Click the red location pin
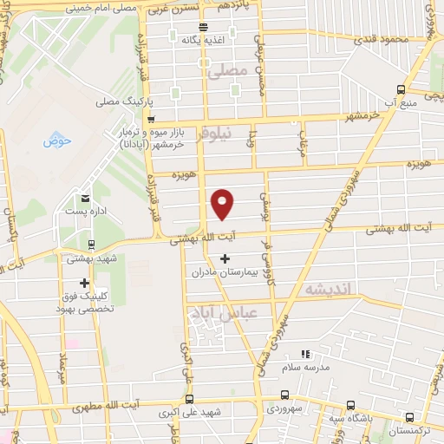[x=223, y=203]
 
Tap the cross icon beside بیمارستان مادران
[x=226, y=258]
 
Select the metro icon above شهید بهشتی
[x=91, y=245]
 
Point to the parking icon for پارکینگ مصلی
[x=150, y=101]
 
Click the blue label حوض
[x=56, y=140]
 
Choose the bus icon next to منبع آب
[x=400, y=90]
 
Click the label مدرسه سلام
[x=304, y=368]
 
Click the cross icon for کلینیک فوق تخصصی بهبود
[x=84, y=283]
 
